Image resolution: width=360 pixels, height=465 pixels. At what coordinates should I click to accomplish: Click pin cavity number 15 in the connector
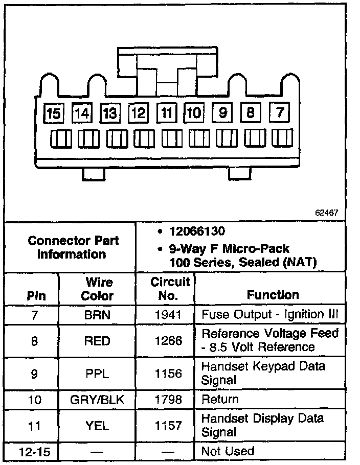pos(53,113)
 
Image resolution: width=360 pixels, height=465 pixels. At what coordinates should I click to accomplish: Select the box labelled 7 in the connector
pos(280,112)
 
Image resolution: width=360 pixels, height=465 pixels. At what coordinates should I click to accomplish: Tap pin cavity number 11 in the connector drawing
pos(166,113)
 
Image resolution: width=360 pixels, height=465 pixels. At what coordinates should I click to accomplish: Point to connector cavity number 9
pos(223,112)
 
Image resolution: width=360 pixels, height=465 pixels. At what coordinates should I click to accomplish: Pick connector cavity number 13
pos(109,113)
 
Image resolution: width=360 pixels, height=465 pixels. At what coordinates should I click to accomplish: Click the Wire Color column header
pos(98,289)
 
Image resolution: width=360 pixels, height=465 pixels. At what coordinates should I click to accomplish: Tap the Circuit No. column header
pos(170,289)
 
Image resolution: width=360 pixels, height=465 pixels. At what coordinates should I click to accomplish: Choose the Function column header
pos(273,295)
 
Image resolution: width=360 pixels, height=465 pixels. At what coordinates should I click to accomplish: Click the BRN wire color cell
pos(98,315)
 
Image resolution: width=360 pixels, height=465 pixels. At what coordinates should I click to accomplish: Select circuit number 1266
pos(168,340)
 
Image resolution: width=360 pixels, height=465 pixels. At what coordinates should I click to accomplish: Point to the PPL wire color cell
pos(98,374)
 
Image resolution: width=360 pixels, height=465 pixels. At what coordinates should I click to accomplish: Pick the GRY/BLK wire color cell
pos(98,400)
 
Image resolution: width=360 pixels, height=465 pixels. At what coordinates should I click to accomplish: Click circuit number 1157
pos(168,425)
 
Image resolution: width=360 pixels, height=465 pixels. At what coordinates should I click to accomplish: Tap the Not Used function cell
pos(228,451)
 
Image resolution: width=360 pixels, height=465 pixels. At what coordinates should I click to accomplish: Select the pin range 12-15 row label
pos(33,452)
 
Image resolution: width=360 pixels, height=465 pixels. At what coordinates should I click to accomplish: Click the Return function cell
pos(220,399)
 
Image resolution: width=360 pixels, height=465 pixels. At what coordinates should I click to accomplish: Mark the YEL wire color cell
pos(98,425)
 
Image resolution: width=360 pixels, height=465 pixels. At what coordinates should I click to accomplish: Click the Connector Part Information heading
pos(72,247)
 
